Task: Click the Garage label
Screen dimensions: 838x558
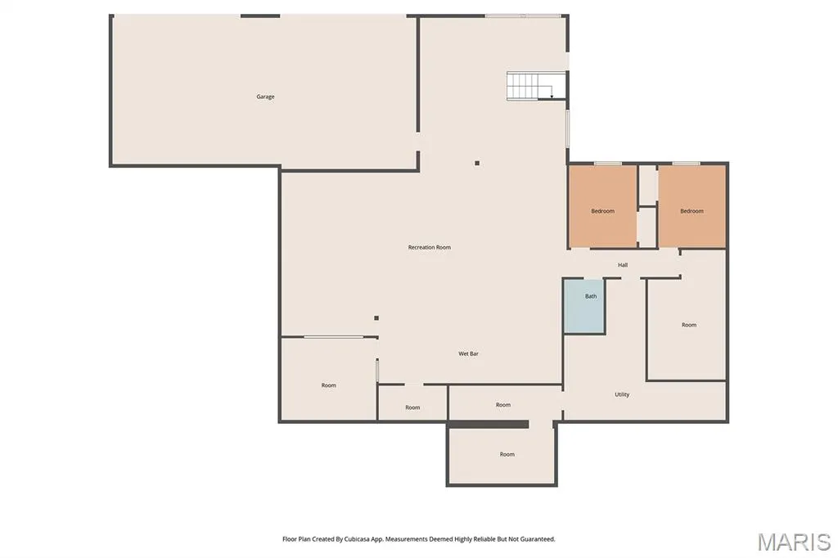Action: [266, 97]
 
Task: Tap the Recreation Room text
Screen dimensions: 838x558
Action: [429, 247]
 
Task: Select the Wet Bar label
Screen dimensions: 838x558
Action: [468, 353]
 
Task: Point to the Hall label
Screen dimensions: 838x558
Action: [623, 265]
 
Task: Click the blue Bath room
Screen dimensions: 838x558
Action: [584, 306]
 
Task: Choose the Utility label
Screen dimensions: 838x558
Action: [622, 394]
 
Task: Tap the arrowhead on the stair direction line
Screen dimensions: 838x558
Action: [552, 97]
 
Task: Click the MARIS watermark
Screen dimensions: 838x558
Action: [794, 542]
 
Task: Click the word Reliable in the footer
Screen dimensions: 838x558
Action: [484, 539]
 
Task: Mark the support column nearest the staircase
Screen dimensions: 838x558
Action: [477, 163]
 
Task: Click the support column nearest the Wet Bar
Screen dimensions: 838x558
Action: [376, 318]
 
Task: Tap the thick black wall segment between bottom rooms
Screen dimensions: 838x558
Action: [488, 425]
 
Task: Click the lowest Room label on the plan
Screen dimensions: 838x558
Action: [507, 454]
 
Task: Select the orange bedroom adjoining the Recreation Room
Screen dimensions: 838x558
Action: [602, 206]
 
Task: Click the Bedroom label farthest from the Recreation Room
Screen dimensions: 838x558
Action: [692, 211]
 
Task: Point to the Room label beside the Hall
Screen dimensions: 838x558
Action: [689, 325]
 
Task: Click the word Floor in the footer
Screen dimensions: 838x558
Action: [289, 539]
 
